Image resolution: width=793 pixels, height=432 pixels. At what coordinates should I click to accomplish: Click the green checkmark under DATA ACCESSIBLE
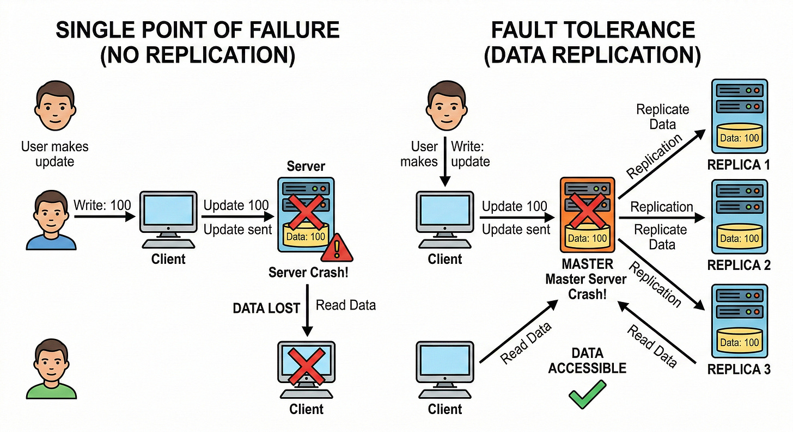[x=587, y=395]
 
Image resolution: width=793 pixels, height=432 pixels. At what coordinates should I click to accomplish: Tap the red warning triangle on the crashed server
[x=337, y=249]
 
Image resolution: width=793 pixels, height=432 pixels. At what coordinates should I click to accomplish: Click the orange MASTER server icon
[x=587, y=217]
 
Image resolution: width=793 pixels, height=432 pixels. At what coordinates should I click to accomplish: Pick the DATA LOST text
[x=266, y=308]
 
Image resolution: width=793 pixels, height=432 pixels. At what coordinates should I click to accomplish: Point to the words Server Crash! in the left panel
[x=308, y=273]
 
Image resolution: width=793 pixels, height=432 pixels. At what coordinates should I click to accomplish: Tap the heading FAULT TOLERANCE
[x=593, y=29]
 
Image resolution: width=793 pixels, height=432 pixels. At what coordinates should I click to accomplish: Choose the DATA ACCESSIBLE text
[x=587, y=361]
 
